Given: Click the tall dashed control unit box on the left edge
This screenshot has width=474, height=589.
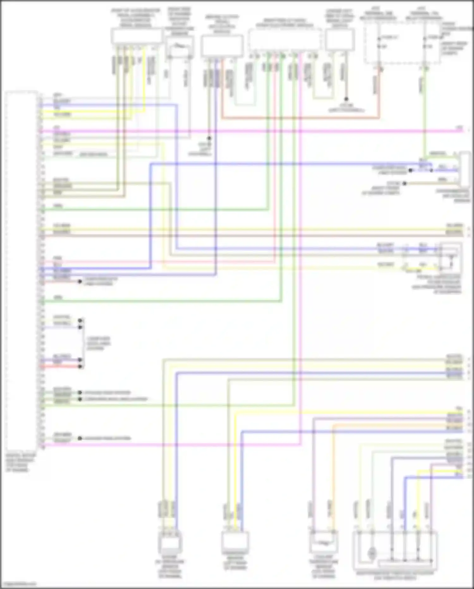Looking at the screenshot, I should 21,271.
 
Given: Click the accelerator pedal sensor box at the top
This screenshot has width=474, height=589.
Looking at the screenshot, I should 136,37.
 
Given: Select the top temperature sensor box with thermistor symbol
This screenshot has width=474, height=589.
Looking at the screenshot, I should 179,47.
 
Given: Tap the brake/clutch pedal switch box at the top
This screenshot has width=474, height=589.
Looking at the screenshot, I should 222,46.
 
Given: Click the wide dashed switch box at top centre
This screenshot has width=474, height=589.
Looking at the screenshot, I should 284,40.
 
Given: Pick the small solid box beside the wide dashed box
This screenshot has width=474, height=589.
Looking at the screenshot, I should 340,39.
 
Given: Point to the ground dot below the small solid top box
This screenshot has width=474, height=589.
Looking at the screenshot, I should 346,99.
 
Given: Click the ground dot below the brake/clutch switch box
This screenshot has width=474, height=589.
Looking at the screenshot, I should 209,138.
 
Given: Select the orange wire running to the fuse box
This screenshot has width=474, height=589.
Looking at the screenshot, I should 300,118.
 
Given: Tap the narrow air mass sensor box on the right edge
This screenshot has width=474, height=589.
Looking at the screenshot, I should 465,169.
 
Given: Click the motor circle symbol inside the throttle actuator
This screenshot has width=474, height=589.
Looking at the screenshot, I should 372,554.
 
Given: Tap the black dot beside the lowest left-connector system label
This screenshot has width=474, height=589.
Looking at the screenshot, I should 80,438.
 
